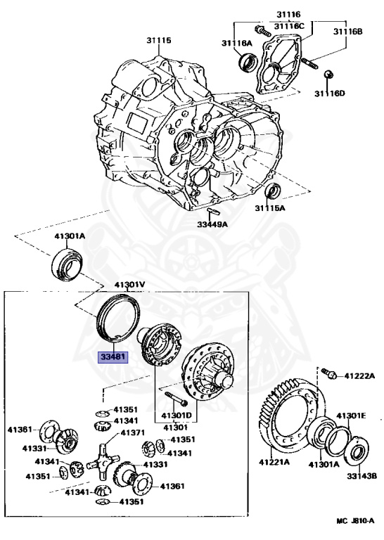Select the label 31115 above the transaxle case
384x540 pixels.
(x=159, y=40)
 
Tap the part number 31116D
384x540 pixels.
(x=329, y=93)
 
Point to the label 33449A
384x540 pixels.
(x=212, y=224)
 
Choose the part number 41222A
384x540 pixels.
(x=359, y=375)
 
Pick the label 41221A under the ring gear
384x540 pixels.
(x=274, y=462)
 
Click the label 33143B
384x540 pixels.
(x=361, y=476)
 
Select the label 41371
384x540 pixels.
(x=132, y=432)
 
